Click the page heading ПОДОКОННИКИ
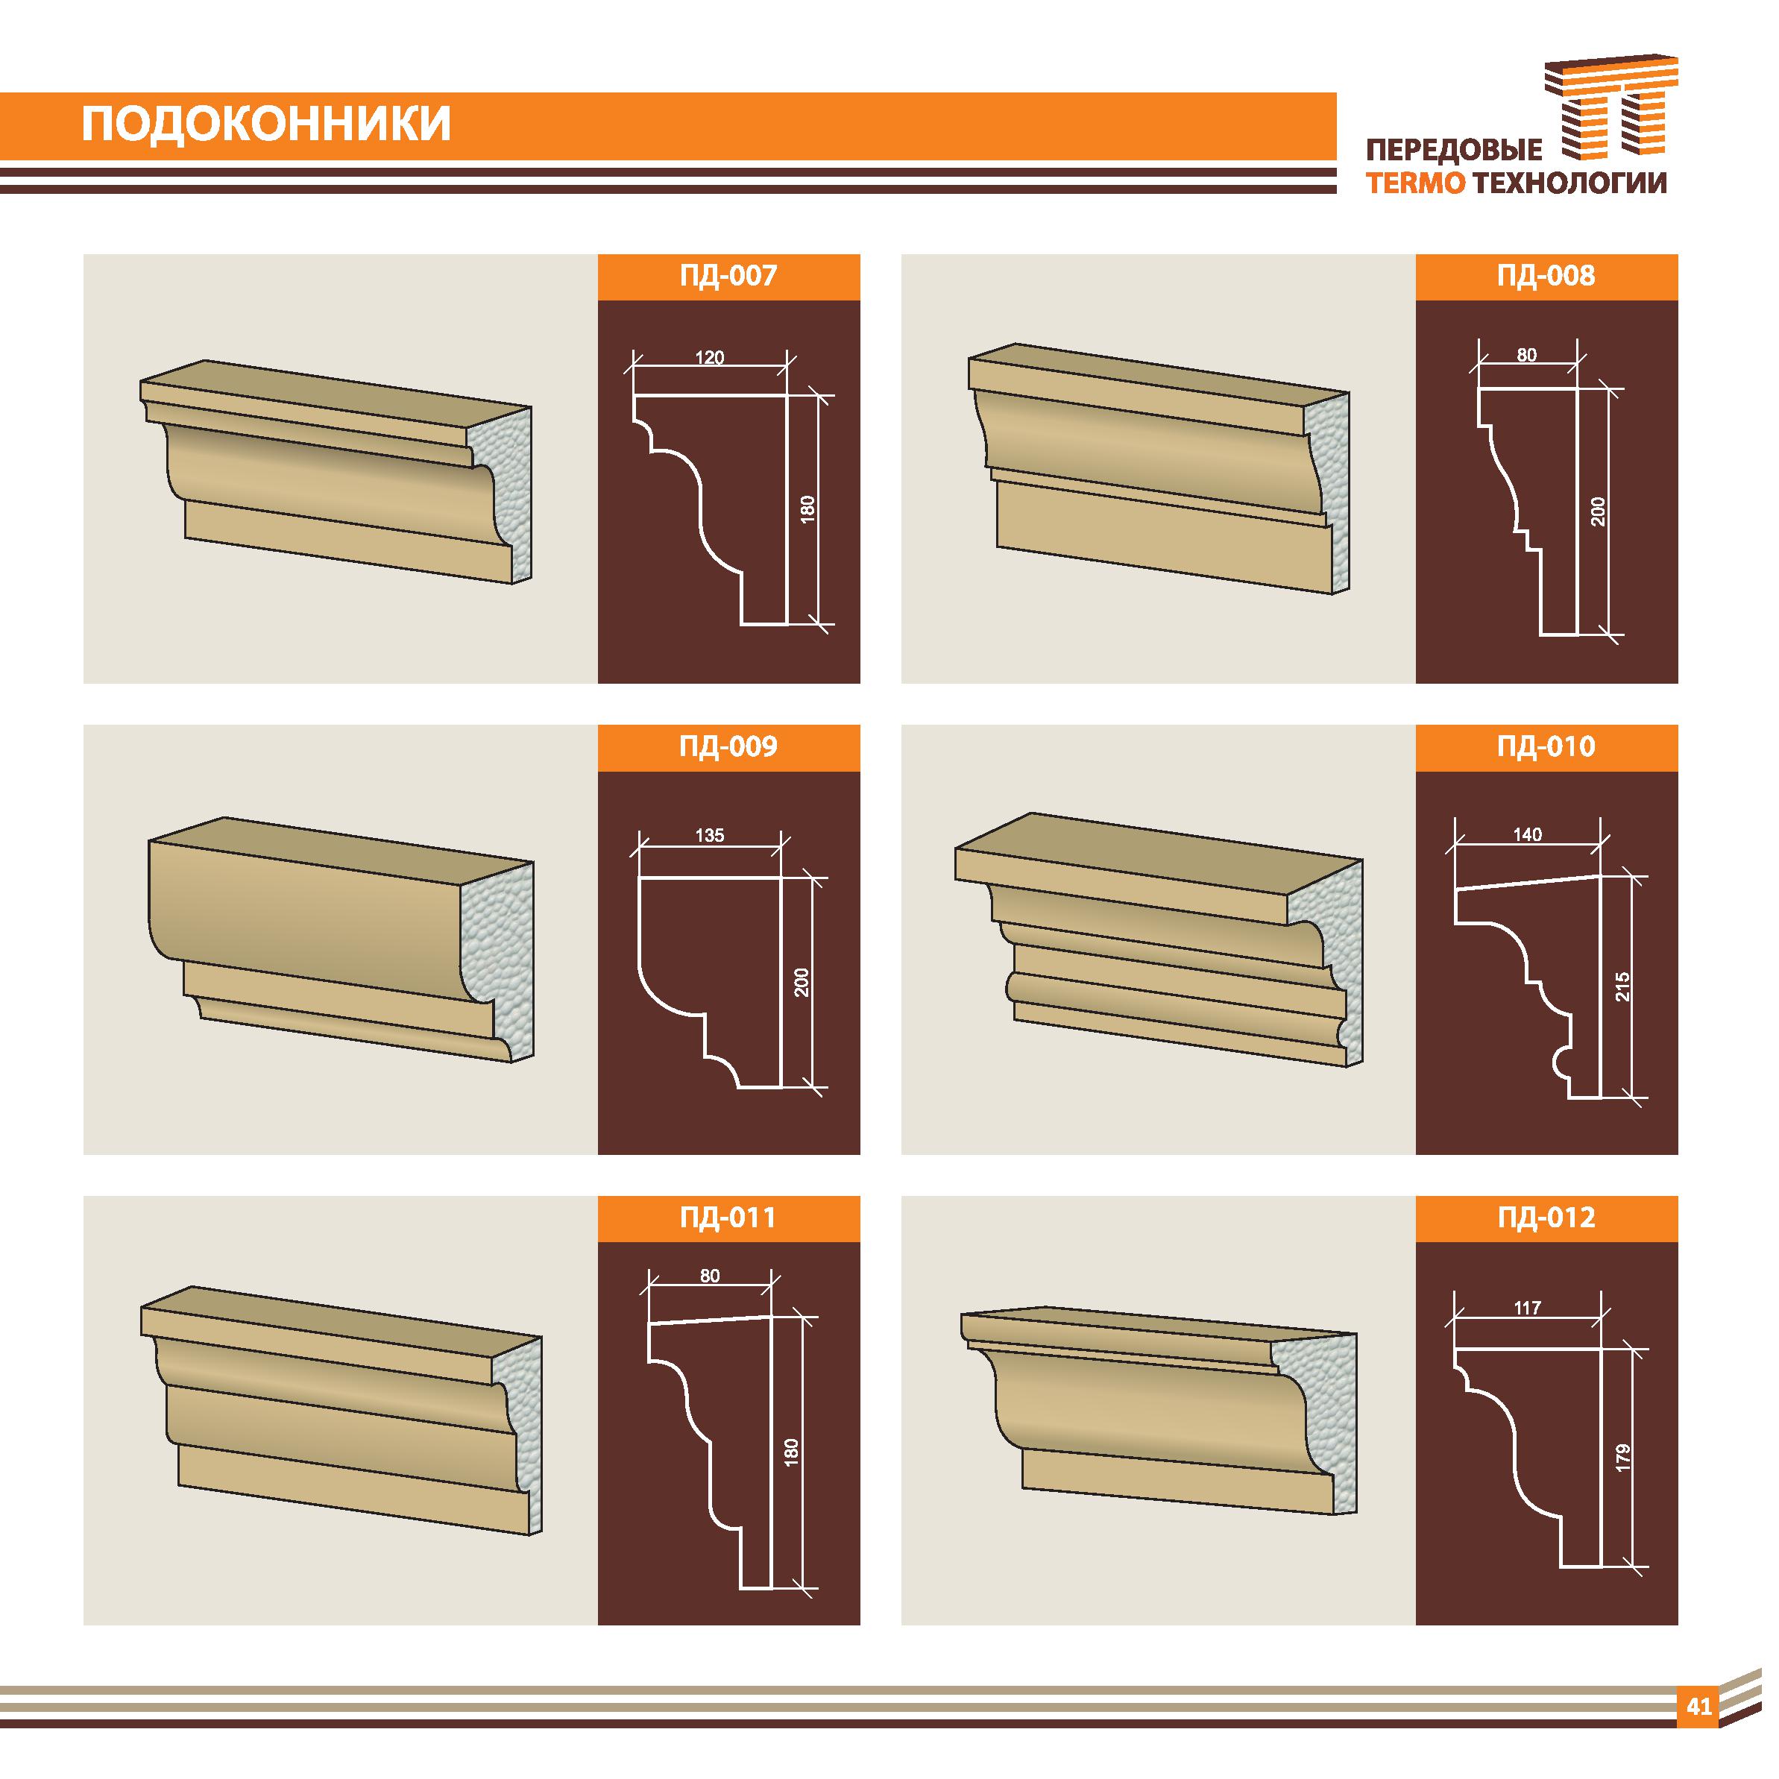(x=266, y=125)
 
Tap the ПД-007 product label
(x=728, y=275)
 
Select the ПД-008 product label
(x=1546, y=275)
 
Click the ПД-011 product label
(x=728, y=1218)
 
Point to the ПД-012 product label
(x=1546, y=1218)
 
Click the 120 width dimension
(x=709, y=357)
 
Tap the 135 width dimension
(x=710, y=835)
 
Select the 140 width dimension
(x=1528, y=834)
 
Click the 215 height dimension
(x=1623, y=987)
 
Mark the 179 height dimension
(x=1623, y=1458)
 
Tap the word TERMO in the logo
(x=1416, y=183)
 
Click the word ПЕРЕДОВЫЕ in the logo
(x=1454, y=152)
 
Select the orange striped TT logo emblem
(x=1611, y=115)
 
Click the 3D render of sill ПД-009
(x=341, y=939)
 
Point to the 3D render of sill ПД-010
(x=1159, y=939)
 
